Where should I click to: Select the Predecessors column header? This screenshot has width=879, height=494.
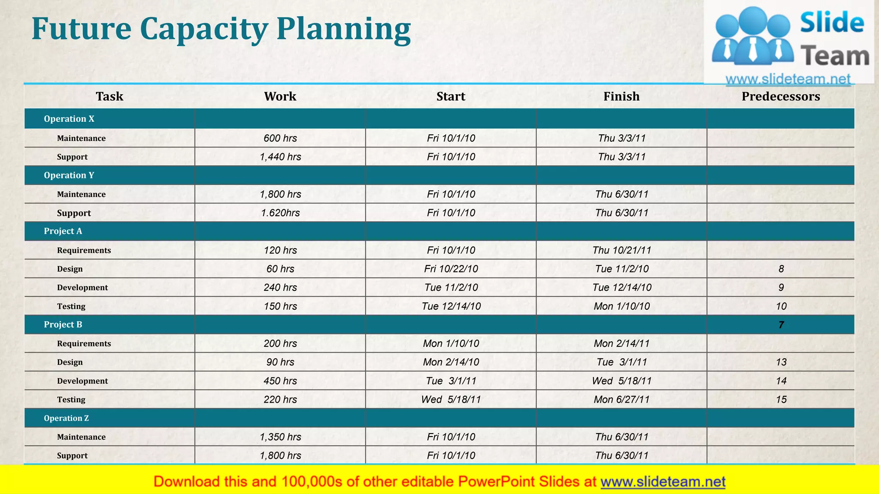tap(780, 96)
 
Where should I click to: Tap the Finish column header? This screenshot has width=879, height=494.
tap(621, 96)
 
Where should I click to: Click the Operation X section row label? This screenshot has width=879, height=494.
tap(69, 119)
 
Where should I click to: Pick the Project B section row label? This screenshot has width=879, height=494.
tap(63, 325)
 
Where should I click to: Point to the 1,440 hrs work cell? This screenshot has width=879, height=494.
tap(280, 157)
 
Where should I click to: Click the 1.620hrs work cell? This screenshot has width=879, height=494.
tap(280, 213)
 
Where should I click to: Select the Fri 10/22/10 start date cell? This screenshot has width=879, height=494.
tap(451, 269)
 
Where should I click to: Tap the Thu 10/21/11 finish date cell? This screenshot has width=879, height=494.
tap(621, 250)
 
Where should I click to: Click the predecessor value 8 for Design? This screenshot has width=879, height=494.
tap(781, 269)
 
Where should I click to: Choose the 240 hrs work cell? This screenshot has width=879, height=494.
tap(280, 288)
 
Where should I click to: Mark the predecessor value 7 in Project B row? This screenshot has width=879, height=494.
tap(781, 325)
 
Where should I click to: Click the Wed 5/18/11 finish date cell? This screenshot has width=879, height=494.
tap(621, 381)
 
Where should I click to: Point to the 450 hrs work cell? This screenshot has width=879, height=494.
tap(280, 381)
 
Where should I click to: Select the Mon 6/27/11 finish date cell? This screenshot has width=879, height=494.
tap(621, 400)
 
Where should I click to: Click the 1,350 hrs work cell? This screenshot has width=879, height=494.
tap(280, 437)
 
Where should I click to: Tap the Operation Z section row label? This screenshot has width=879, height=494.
tap(66, 418)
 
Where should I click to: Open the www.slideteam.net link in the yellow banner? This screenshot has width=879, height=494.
tap(663, 482)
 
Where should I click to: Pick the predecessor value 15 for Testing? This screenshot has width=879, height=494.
tap(781, 400)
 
